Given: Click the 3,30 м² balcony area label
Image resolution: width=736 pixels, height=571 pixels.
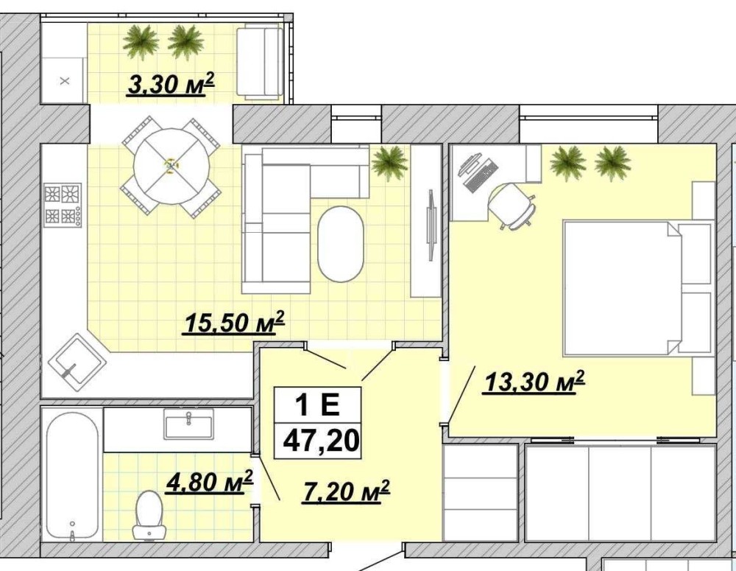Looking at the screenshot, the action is pos(171,85).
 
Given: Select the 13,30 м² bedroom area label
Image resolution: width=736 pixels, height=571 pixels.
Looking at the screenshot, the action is pos(534,381).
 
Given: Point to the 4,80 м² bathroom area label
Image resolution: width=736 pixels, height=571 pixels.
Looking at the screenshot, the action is pos(209,482).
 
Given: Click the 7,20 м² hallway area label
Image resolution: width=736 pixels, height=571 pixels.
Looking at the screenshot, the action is pos(347,491).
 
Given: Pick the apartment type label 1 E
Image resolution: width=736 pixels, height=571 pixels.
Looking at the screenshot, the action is pos(317,404).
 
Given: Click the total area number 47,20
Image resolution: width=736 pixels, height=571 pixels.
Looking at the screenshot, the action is pos(321,441).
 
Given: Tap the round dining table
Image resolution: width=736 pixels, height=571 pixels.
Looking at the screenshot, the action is pos(171,166).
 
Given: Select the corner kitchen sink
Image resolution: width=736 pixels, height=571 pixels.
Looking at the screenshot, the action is pos(77,360).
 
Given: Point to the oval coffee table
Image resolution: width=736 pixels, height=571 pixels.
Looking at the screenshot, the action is pos(340,243).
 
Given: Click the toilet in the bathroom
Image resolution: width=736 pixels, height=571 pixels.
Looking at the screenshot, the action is pos(149,515).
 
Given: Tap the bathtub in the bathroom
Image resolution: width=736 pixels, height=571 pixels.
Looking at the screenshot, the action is pos(73,477).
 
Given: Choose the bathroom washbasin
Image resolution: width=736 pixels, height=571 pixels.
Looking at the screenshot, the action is pos(188,424).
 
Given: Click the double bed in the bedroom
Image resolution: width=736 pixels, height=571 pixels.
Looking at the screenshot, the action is pos(623,288).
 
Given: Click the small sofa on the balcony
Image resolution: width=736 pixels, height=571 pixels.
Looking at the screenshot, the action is pos(260,63).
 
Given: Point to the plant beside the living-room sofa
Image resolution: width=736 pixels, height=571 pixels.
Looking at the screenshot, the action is pos(389,163).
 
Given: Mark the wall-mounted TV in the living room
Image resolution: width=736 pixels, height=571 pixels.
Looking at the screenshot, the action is pos(431,224).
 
